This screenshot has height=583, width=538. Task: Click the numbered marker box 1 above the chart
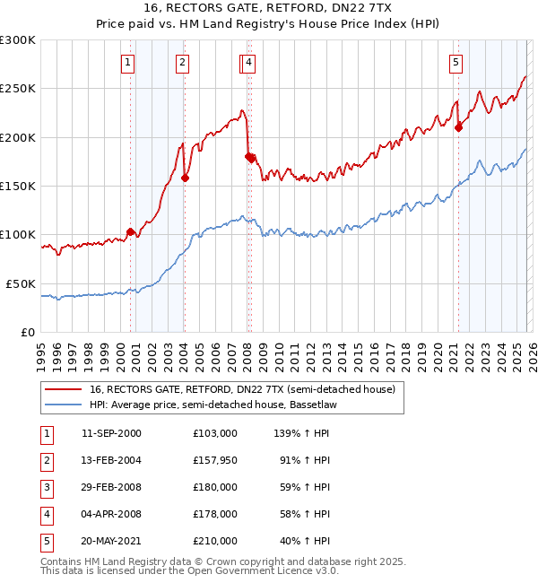[128, 63]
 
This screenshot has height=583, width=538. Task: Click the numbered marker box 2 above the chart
[182, 63]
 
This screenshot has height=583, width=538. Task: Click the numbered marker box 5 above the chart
[456, 63]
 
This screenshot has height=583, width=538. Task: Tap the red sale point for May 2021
[458, 127]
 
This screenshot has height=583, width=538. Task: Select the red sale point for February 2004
[185, 178]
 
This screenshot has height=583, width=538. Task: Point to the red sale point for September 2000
[131, 231]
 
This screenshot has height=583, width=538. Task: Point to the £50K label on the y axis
[21, 283]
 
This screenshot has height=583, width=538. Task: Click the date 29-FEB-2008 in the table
[111, 487]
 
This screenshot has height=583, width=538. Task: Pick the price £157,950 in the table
[214, 460]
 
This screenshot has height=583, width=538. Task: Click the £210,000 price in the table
[214, 541]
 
